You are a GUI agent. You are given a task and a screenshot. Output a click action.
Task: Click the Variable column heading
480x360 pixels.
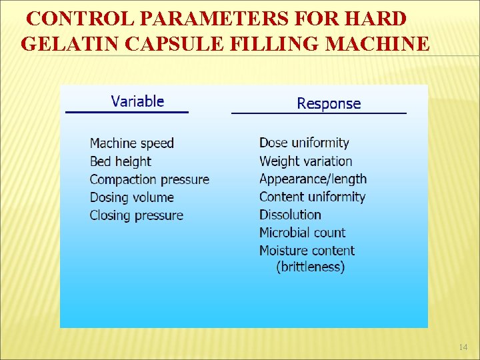click(x=137, y=101)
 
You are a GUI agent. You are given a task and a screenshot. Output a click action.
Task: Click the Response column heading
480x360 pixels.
click(x=328, y=103)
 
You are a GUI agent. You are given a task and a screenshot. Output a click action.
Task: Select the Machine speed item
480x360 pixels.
click(x=131, y=143)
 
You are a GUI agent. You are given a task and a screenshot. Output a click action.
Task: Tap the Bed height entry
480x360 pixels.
click(x=120, y=161)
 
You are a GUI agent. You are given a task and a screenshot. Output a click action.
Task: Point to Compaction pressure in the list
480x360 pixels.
click(x=149, y=179)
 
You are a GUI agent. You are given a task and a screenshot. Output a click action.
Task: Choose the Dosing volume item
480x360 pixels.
click(x=131, y=197)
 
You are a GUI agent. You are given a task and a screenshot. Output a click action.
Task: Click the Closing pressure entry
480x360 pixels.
click(x=136, y=215)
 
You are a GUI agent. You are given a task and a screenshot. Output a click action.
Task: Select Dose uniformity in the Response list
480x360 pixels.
click(x=304, y=143)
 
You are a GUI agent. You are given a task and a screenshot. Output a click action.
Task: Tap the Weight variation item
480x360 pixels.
click(x=305, y=161)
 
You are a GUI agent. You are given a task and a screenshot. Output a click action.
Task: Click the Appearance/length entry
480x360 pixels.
click(x=313, y=179)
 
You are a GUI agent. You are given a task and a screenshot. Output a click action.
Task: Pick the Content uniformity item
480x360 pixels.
click(x=312, y=197)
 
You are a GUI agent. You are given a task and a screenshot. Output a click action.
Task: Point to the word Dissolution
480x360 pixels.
click(x=290, y=215)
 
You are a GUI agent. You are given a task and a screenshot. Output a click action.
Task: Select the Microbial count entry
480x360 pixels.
click(x=302, y=233)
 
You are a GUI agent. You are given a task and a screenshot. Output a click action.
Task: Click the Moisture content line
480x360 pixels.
click(x=307, y=251)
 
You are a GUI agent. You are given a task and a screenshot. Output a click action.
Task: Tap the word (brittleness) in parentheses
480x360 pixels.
click(x=310, y=267)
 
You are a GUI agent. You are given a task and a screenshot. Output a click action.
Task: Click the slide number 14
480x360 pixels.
click(x=463, y=347)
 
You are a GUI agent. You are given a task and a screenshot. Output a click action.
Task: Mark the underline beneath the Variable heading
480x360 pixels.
click(x=127, y=112)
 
